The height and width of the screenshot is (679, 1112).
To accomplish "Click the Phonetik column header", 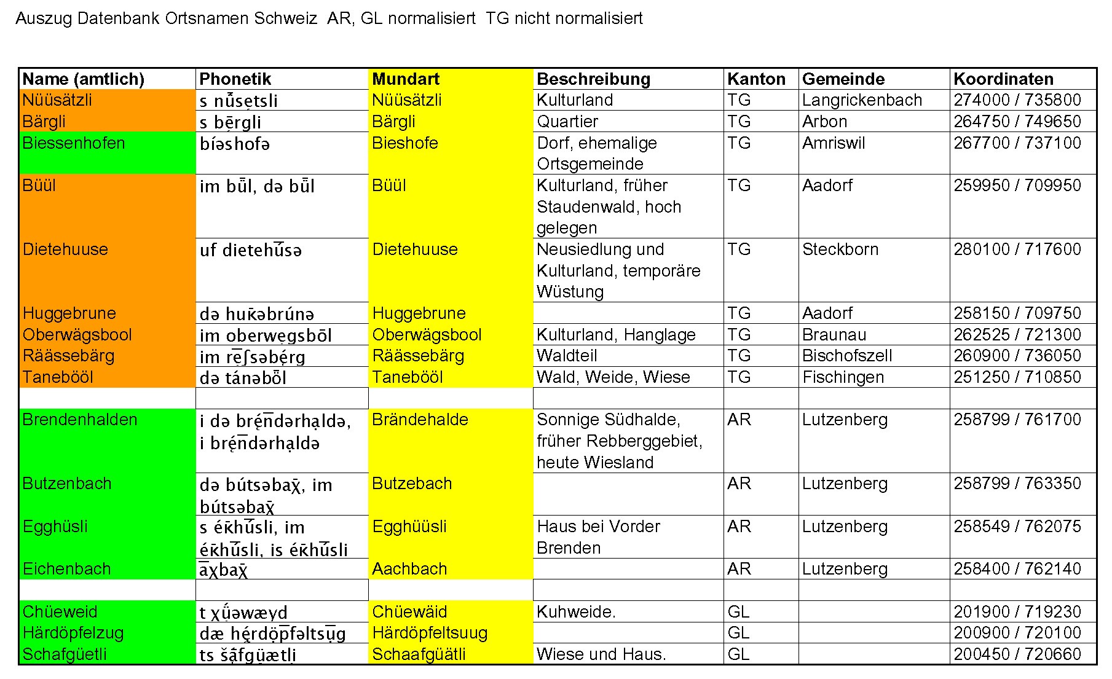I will tap(235, 79).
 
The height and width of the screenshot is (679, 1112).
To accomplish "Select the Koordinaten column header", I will tap(1003, 79).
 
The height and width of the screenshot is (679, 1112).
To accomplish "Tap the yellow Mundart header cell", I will tap(406, 79).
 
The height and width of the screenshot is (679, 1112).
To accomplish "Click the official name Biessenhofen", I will tap(74, 143).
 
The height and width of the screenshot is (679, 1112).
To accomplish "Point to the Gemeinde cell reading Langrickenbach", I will tap(862, 100).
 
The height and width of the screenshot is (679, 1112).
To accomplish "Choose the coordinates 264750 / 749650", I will tap(1017, 122).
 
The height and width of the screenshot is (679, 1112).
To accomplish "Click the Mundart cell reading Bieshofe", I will tap(405, 143).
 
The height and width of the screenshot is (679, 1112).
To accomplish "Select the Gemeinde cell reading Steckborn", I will tap(840, 249).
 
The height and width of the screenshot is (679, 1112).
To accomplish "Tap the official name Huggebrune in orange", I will tap(69, 313).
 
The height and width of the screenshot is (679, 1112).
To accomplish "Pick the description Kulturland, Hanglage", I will tap(616, 335).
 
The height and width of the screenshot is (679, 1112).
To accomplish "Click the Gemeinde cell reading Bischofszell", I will tap(847, 356).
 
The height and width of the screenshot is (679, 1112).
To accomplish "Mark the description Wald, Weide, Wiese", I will tap(613, 377).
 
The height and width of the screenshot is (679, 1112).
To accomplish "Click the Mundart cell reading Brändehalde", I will tap(420, 420).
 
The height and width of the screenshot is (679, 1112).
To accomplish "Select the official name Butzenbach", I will tap(67, 484).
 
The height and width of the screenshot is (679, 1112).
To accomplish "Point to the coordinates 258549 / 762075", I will tap(1017, 527).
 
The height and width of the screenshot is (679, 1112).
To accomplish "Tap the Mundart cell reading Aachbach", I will tap(409, 569).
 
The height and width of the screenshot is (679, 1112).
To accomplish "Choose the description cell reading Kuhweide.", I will tap(576, 612).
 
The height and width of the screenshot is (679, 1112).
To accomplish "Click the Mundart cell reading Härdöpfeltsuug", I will tap(430, 633).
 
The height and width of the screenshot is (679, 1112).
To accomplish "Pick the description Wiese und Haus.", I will tap(601, 654).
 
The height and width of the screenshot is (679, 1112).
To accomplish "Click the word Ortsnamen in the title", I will tap(207, 18).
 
